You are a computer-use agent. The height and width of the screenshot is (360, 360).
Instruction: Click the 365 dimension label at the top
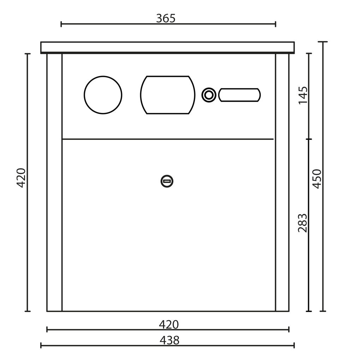point(166,18)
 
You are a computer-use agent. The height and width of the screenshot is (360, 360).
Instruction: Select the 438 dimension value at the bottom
point(169,341)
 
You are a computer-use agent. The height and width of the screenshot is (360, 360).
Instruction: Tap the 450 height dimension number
point(317,179)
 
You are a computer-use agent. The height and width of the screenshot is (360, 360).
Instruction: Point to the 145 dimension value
point(303,95)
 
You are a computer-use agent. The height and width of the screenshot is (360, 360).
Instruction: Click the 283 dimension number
point(302,223)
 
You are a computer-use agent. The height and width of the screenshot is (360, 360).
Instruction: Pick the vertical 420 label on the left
point(21,178)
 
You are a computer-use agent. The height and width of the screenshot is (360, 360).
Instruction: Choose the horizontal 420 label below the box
point(169,325)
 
